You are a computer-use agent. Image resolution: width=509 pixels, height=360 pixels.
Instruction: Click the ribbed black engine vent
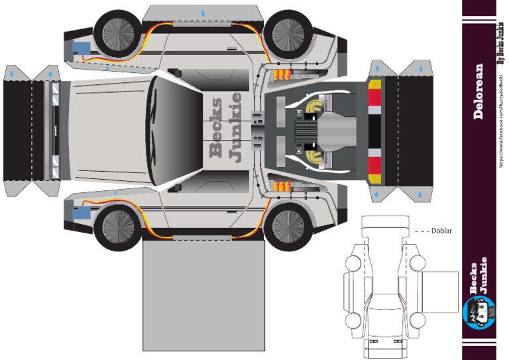click(307, 127)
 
